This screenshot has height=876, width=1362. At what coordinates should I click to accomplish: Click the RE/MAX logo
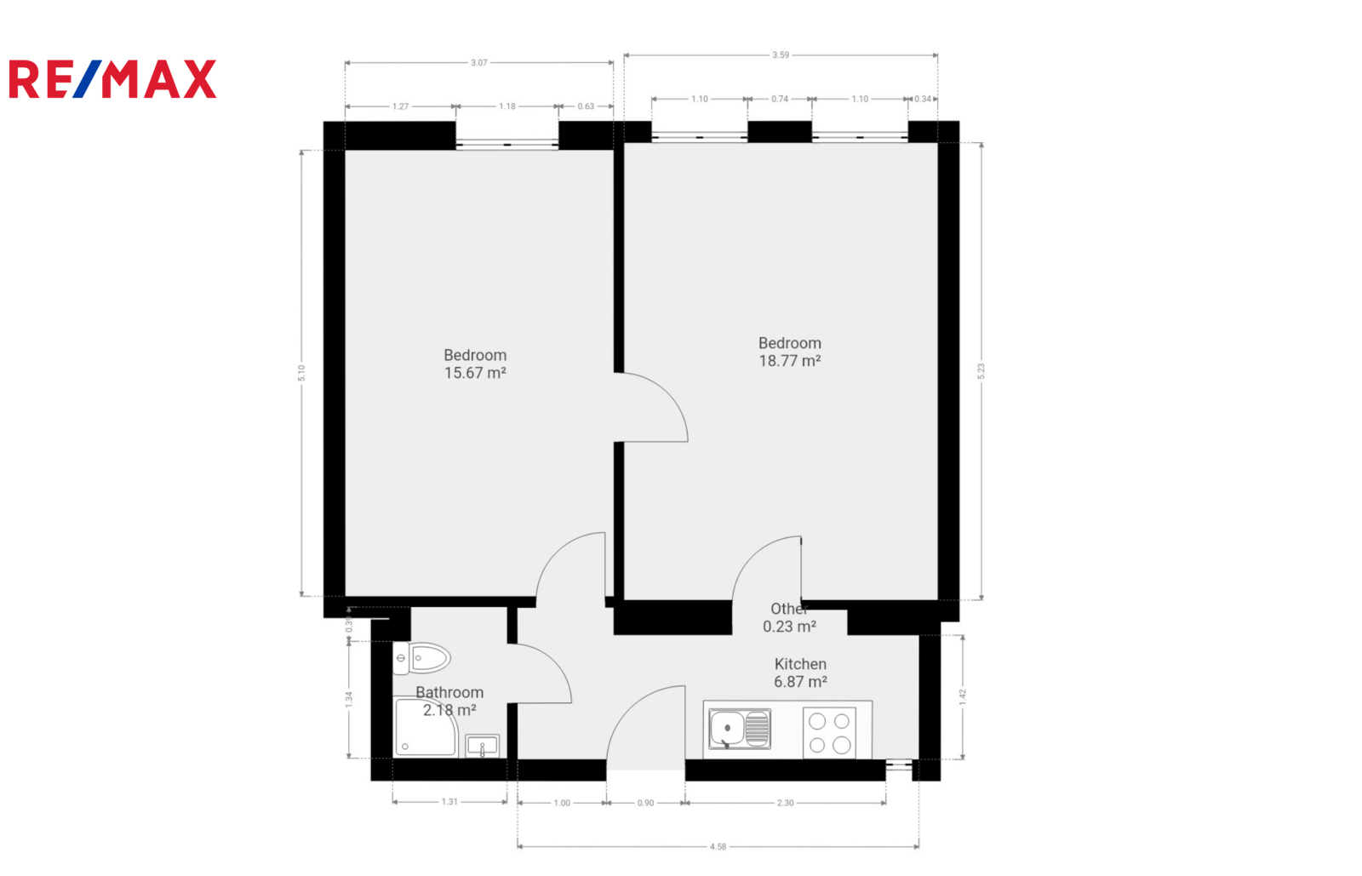(x=112, y=79)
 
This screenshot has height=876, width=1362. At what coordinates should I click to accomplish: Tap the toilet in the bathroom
(x=421, y=658)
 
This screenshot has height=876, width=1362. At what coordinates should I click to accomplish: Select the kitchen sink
(x=740, y=728)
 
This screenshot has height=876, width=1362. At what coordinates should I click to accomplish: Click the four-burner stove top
(x=829, y=732)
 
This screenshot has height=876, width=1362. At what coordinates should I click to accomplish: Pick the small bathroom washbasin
(x=482, y=746)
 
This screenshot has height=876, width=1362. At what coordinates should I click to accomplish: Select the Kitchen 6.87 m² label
(x=800, y=673)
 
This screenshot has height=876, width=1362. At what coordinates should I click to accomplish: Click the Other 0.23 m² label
(x=789, y=618)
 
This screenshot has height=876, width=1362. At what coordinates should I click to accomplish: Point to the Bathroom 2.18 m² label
(x=449, y=701)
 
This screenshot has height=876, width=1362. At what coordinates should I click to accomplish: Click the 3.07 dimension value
(x=479, y=63)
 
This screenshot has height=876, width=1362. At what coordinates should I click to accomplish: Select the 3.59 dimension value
(x=781, y=55)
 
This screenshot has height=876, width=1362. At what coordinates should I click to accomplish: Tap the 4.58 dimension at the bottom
(x=718, y=846)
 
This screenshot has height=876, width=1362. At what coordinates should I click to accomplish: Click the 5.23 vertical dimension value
(x=981, y=371)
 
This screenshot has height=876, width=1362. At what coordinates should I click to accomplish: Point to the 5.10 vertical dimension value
(x=301, y=373)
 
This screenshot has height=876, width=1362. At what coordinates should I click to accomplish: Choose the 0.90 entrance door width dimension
(x=646, y=803)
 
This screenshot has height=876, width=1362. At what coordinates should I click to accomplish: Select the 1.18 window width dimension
(x=507, y=106)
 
